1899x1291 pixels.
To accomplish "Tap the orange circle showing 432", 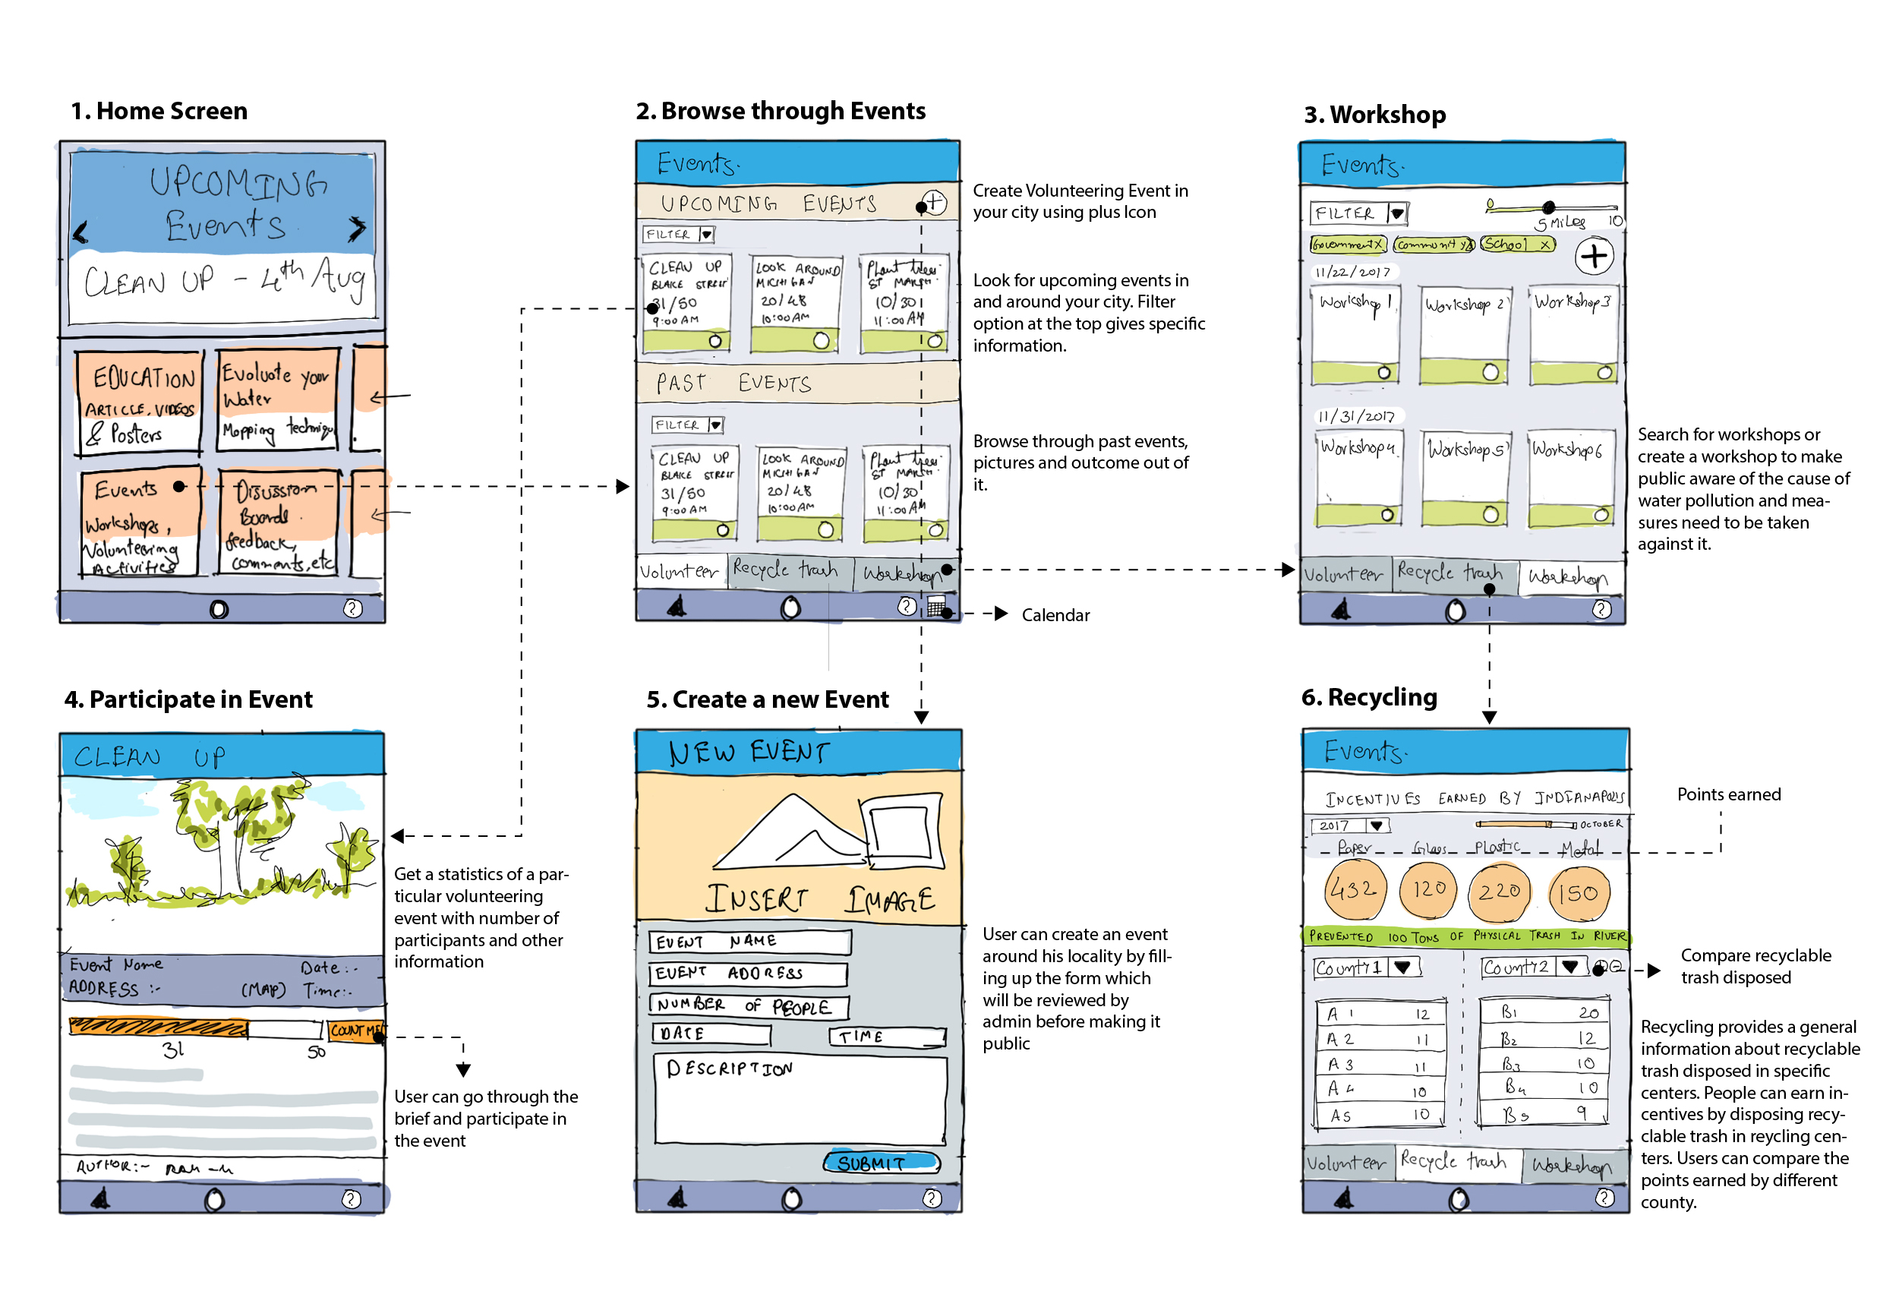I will pos(1352,890).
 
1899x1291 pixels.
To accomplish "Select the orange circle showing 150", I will pos(1578,893).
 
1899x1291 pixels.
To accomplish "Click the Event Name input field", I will pos(749,941).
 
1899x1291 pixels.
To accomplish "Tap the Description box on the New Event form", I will pos(800,1099).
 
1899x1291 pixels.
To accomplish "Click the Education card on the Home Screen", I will pos(140,401).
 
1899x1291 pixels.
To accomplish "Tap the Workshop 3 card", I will pos(1573,334).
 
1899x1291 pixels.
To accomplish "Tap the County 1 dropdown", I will pos(1366,968).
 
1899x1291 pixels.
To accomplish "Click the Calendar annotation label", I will pos(1055,615).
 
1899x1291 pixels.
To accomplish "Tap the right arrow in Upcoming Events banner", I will pos(356,229).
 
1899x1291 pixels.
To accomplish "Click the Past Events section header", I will pos(797,383).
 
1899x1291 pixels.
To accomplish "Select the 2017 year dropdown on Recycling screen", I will pos(1349,826).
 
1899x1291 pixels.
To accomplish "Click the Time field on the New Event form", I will pos(888,1037).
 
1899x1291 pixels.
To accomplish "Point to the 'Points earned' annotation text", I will pos(1728,794).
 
